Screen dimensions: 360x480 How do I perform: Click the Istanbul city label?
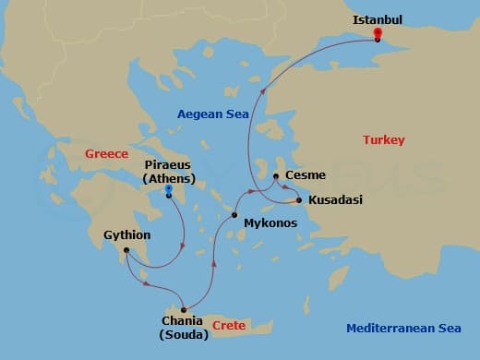click(378, 18)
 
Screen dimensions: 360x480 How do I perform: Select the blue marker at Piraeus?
click(168, 189)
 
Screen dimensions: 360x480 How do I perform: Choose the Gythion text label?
click(128, 235)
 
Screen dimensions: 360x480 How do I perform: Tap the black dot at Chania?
click(184, 309)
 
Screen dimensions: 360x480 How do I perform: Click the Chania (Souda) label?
click(184, 328)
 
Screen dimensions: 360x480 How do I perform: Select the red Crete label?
click(228, 326)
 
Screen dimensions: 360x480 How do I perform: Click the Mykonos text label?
click(269, 222)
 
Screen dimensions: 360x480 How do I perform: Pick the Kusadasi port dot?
click(299, 199)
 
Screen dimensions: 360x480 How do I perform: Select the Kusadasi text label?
click(335, 199)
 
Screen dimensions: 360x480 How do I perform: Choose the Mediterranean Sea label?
click(402, 328)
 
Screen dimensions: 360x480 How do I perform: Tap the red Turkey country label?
click(384, 140)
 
